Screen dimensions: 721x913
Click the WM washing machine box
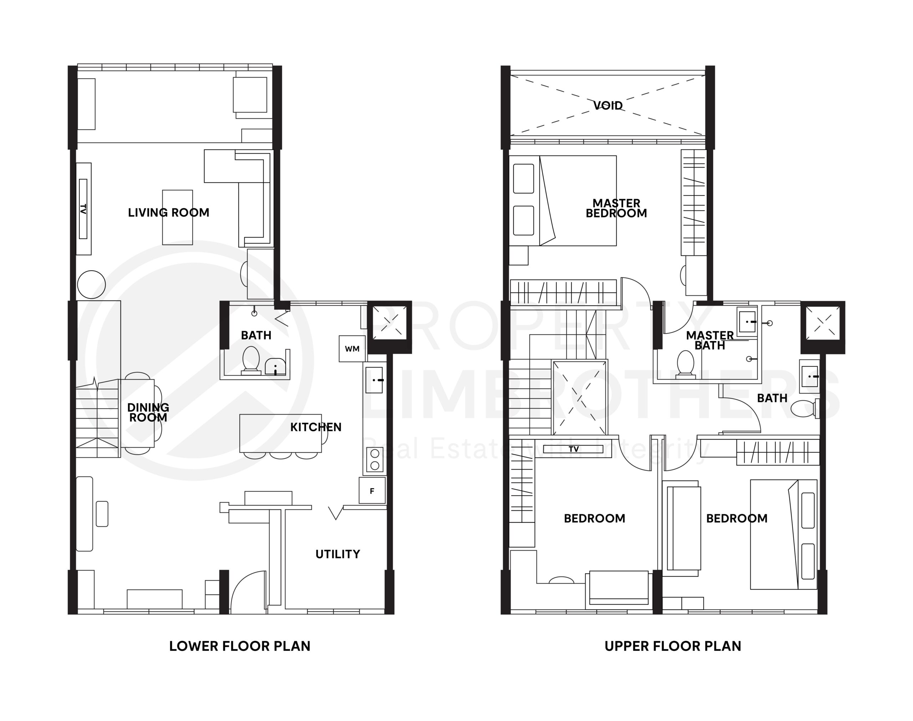[x=352, y=349]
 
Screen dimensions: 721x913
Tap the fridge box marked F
[x=372, y=491]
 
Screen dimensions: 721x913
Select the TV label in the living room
[x=83, y=209]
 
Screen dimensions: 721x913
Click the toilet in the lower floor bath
[x=251, y=360]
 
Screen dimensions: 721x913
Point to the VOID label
[x=608, y=106]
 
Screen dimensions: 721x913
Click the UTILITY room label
[x=338, y=554]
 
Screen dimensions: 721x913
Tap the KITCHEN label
[x=316, y=427]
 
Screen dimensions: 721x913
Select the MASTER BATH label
[x=710, y=340]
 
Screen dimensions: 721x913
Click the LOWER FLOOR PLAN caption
[x=239, y=646]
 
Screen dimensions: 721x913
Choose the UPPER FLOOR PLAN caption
[x=672, y=646]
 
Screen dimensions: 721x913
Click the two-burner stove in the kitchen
[x=374, y=460]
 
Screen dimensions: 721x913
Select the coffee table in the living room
[x=178, y=218]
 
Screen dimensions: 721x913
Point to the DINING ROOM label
[x=148, y=413]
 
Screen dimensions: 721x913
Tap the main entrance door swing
[x=247, y=591]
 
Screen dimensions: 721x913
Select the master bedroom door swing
[x=635, y=291]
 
